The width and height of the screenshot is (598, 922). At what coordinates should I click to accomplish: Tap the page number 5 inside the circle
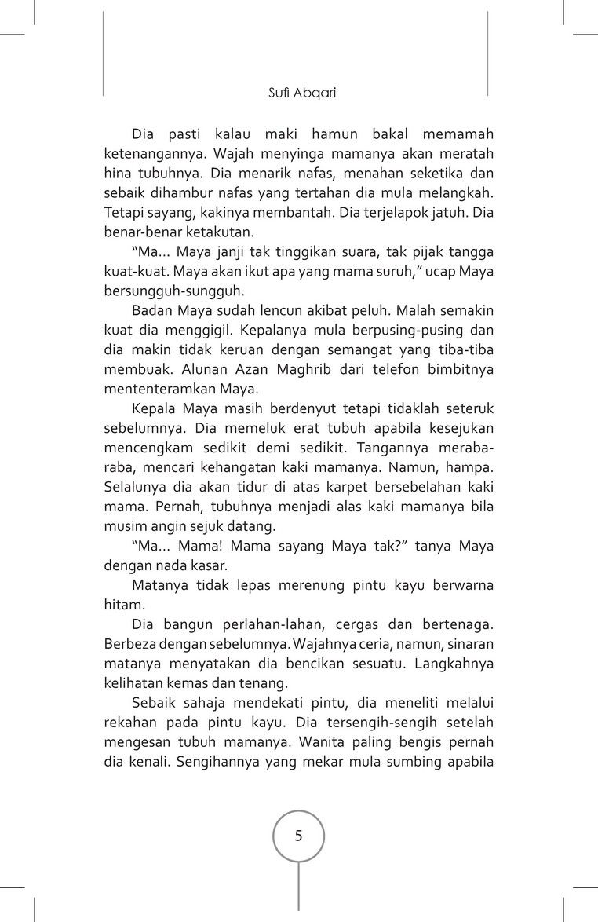point(298,835)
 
